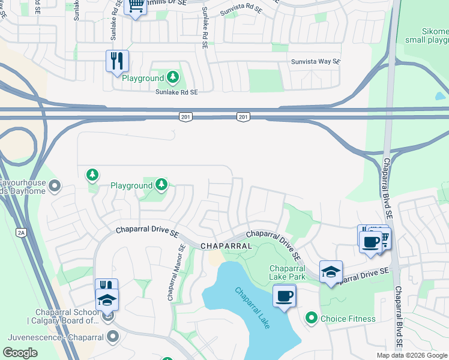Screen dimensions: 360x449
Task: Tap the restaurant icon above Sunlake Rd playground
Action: [x=117, y=61]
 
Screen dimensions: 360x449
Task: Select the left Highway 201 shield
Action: [x=185, y=116]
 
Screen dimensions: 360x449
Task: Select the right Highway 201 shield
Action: [x=243, y=116]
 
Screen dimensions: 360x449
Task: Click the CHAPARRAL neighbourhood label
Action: [x=225, y=246]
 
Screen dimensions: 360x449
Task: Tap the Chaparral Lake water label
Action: [x=252, y=308]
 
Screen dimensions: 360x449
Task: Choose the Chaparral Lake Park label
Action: [x=288, y=272]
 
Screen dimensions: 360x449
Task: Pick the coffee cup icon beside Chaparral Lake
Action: [x=284, y=295]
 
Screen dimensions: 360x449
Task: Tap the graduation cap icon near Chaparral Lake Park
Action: [x=331, y=271]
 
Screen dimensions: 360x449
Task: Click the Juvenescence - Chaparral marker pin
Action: [x=113, y=337]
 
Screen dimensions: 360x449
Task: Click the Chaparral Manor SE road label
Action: [x=175, y=274]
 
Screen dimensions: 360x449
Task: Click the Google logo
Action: [x=20, y=353]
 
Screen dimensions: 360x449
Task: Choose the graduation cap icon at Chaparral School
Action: [x=107, y=299]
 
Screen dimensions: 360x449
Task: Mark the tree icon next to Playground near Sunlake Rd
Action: [x=173, y=77]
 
